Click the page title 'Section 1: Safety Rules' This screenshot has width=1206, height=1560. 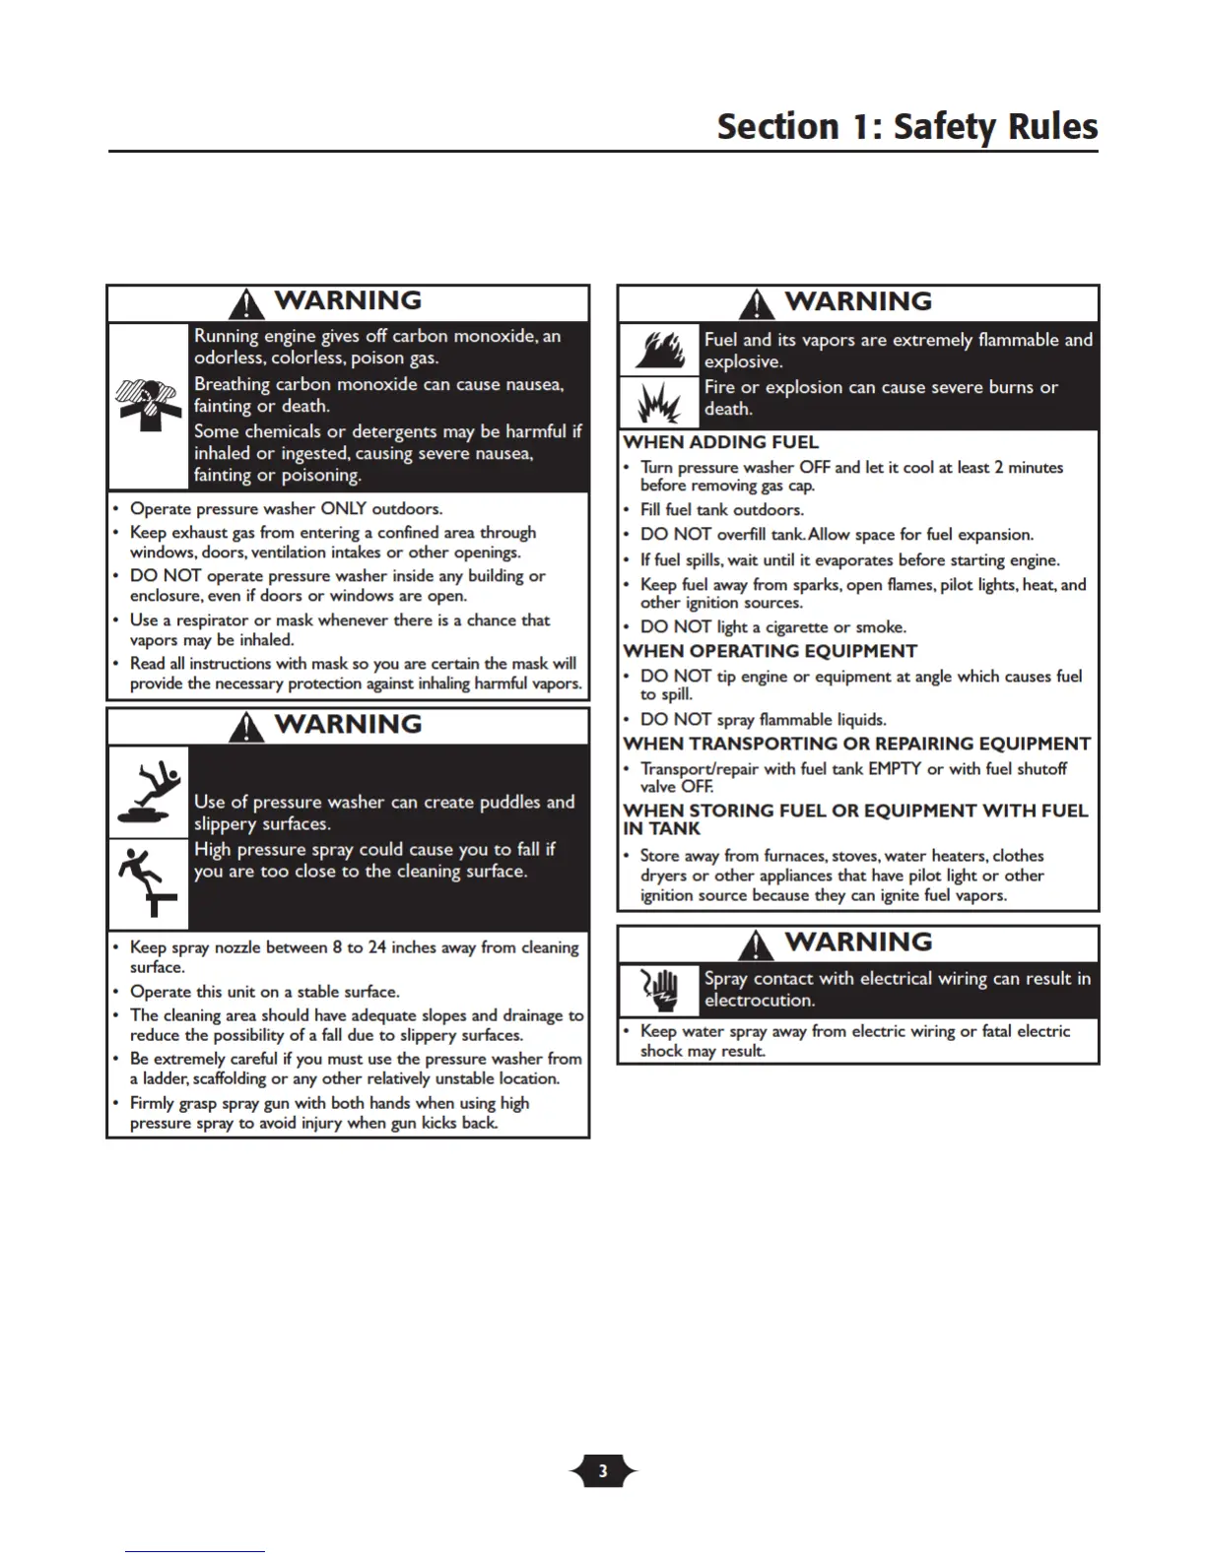pos(906,127)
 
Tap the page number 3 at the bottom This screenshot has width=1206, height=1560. pos(603,1471)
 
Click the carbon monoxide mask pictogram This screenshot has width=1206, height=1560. pos(148,404)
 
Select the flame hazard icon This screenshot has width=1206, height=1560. pos(658,350)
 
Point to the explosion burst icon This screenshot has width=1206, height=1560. pos(658,402)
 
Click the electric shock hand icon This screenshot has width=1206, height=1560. pos(658,989)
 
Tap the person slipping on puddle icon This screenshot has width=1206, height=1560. pos(148,792)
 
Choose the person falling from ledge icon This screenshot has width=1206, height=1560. pos(148,881)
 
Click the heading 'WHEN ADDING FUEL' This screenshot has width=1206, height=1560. pos(720,442)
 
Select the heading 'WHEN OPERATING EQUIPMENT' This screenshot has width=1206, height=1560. pos(770,651)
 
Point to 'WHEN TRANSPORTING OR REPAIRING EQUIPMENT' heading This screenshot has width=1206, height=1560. pos(856,744)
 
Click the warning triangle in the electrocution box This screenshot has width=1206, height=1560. pos(756,944)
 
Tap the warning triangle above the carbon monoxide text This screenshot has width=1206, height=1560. pos(245,303)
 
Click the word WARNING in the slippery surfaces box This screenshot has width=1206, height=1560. pos(348,724)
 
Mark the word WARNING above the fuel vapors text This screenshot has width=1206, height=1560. pos(858,301)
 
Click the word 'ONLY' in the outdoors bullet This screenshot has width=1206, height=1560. pos(343,508)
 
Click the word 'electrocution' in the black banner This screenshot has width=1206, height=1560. pos(759,1001)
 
